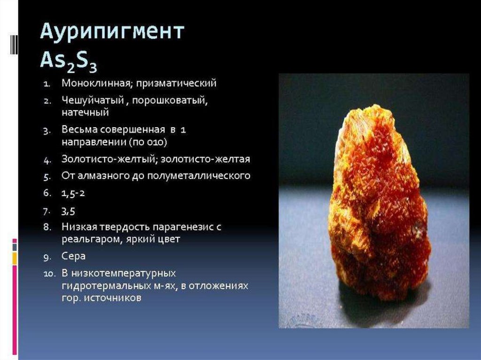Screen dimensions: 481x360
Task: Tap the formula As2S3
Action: click(69, 61)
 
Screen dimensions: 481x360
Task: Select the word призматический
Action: click(177, 84)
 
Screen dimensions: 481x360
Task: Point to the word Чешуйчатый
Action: click(93, 100)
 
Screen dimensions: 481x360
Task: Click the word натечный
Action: click(85, 113)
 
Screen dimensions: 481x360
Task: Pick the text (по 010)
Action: click(148, 142)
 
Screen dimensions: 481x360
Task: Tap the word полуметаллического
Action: click(199, 176)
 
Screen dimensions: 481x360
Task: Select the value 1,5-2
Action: click(73, 193)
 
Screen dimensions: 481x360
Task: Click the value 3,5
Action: click(68, 211)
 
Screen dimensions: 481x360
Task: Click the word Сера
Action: click(74, 256)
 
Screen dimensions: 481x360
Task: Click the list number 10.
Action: click(49, 274)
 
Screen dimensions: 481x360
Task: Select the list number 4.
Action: click(47, 160)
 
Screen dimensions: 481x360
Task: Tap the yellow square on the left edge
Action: click(15, 259)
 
